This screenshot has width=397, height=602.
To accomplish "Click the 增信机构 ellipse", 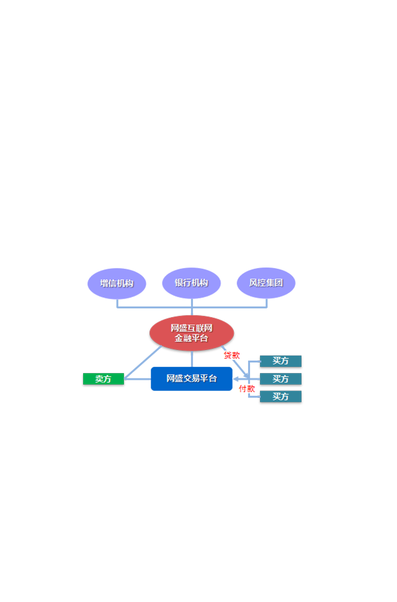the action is coord(117,284).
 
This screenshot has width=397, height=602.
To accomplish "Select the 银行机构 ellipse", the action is coord(192,283).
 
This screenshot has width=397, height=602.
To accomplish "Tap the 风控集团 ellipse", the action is coord(266,283).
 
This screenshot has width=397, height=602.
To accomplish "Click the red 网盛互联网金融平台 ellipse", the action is coord(192,333).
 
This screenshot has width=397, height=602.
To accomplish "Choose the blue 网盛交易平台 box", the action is coord(192,379).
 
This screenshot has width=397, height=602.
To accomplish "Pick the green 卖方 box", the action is coord(104,379).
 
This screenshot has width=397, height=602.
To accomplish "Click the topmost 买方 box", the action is coord(281,361).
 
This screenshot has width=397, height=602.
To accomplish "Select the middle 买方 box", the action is coord(281,379).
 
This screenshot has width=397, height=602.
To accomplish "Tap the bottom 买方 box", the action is coord(281,397).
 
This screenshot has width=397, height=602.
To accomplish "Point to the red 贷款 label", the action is coord(231,356).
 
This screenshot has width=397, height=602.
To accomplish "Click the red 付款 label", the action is coord(247,389).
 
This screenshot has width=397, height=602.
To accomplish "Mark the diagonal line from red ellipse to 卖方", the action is coord(143,362).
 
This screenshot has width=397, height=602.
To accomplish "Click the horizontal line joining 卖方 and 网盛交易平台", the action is coord(138,379).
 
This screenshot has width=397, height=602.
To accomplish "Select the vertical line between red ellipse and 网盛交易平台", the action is coord(192,359).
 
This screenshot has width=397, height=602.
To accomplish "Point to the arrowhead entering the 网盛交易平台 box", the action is coord(236,379).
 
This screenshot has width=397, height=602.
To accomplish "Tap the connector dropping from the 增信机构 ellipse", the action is coord(117,303).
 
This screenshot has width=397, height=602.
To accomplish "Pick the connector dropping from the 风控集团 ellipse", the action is coord(267,303).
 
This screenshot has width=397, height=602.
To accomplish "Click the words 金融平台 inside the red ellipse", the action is coord(192,338).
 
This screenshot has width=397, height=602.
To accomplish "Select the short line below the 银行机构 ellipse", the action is coord(192,307).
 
